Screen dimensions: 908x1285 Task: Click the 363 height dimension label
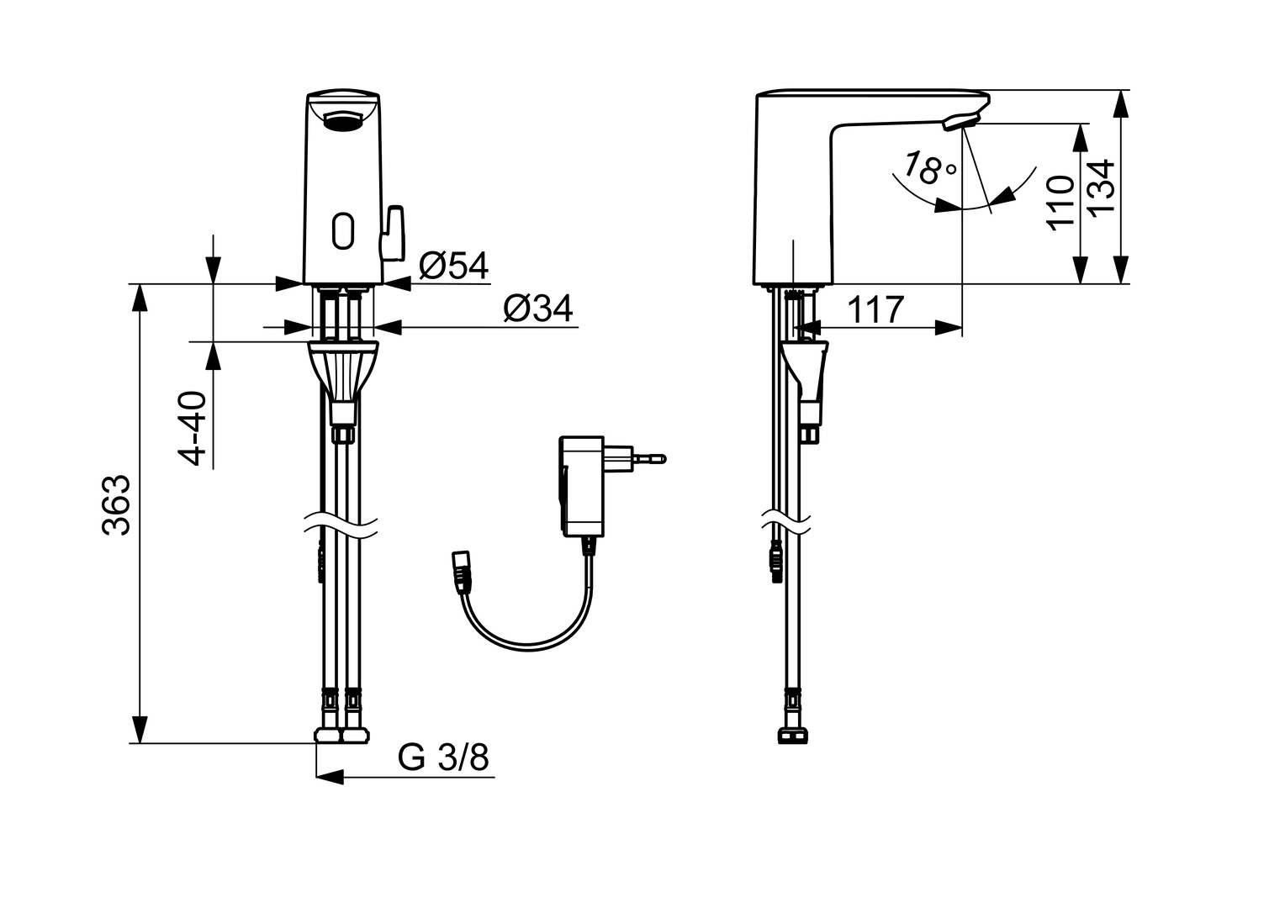click(x=117, y=505)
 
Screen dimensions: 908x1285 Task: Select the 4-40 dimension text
click(x=192, y=428)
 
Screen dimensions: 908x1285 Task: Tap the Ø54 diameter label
click(x=454, y=266)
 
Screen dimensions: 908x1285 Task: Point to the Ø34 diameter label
click(x=538, y=309)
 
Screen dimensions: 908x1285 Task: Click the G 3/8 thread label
click(x=443, y=758)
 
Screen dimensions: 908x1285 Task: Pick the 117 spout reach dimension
click(x=875, y=309)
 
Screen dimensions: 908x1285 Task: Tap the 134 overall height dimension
click(x=1102, y=187)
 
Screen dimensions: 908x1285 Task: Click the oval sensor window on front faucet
click(x=343, y=230)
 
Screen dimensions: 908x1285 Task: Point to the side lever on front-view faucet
click(x=394, y=234)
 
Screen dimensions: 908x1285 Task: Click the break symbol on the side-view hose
click(x=787, y=520)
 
